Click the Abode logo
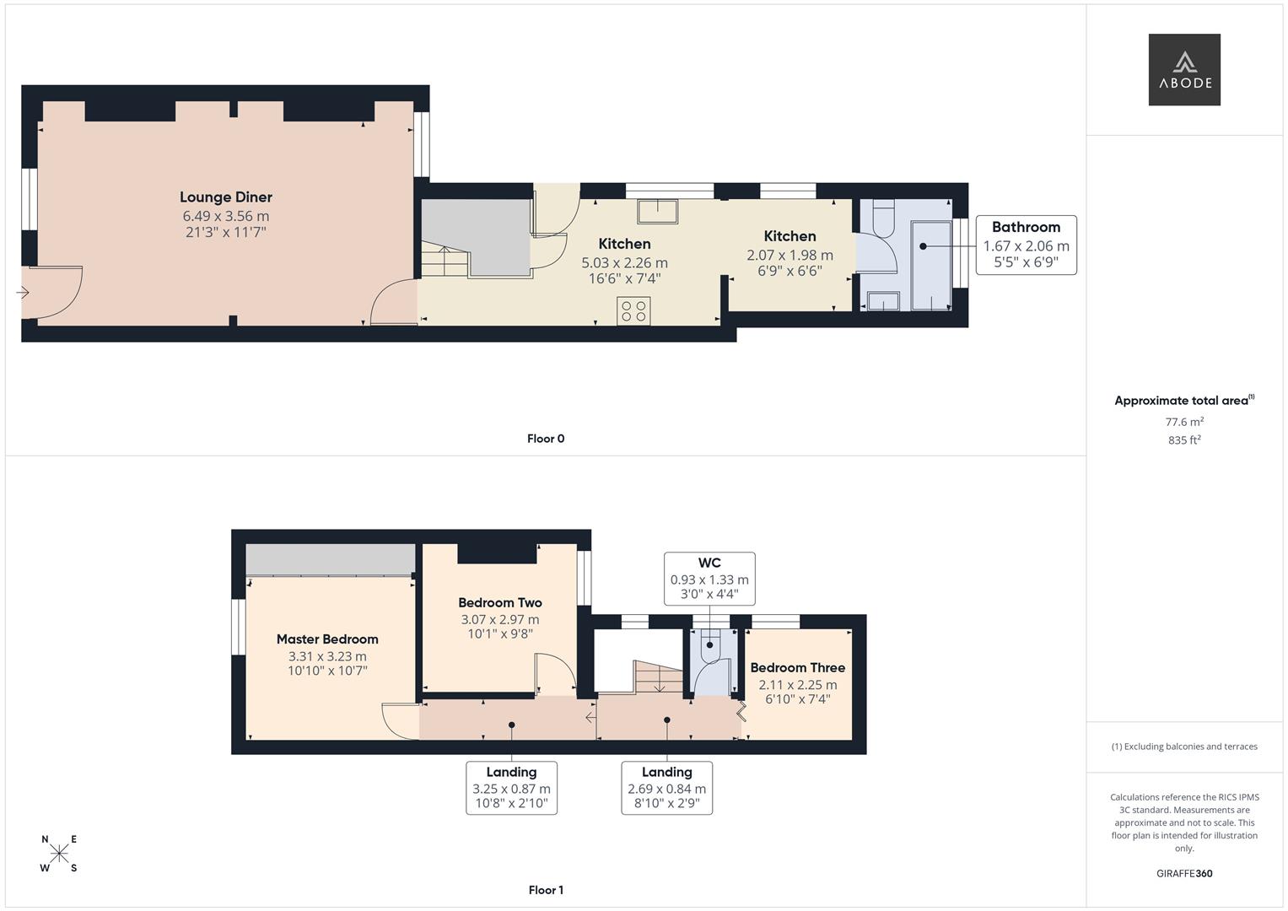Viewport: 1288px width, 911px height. point(1183,69)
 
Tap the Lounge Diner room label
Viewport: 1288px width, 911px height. point(226,197)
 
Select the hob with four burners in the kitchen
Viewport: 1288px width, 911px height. point(633,311)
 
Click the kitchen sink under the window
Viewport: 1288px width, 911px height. point(657,211)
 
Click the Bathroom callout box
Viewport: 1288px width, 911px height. point(1026,245)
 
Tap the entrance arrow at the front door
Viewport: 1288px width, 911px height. point(23,293)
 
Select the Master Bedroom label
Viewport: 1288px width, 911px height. point(327,639)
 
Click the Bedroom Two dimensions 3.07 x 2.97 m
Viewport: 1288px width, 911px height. point(499,619)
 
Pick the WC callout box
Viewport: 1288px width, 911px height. point(709,578)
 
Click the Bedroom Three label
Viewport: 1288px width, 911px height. point(797,668)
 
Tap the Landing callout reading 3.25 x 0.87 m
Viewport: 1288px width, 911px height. point(511,788)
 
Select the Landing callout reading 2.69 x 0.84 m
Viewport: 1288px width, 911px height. point(666,788)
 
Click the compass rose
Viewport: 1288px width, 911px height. point(59,854)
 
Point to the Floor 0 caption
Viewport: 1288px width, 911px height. point(546,439)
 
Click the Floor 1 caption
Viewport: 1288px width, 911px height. point(546,890)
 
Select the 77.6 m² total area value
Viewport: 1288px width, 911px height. point(1184,422)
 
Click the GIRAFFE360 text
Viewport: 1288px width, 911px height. point(1184,873)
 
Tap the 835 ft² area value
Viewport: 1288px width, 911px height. point(1184,440)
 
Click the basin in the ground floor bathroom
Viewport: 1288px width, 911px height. point(882,301)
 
